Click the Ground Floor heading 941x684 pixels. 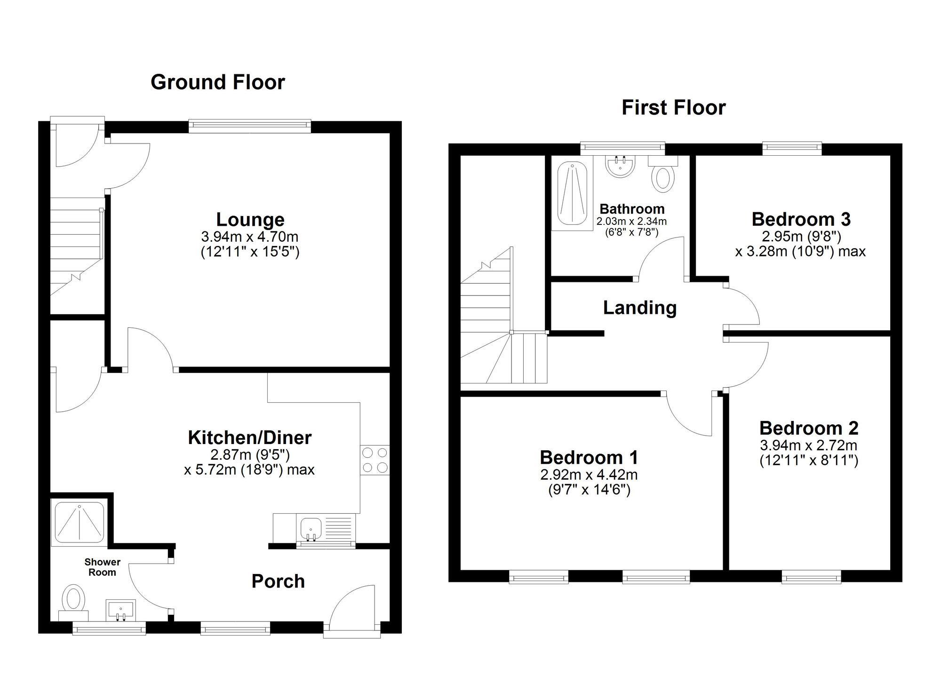click(217, 82)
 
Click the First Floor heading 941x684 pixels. click(673, 108)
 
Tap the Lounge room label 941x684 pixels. click(250, 220)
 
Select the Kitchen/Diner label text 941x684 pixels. click(249, 437)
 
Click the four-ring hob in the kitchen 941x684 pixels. click(375, 460)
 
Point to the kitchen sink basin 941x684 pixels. click(310, 528)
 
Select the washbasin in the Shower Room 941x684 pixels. click(120, 611)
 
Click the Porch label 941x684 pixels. click(278, 581)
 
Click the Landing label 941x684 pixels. click(640, 308)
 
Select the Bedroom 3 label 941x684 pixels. click(801, 219)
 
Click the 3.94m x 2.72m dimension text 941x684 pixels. click(808, 445)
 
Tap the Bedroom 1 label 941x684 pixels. click(589, 457)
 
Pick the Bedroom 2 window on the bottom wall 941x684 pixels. click(811, 577)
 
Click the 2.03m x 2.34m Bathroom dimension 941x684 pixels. click(631, 221)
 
